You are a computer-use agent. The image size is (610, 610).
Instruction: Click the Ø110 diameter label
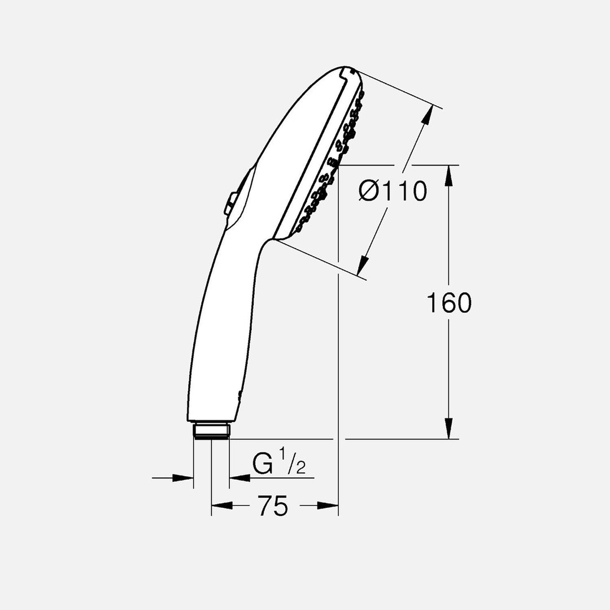tap(393, 191)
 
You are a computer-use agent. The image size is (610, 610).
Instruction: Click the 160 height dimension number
tap(448, 303)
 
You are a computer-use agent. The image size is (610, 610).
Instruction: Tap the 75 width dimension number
tap(273, 506)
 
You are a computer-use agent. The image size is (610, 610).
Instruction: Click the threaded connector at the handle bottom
tap(211, 431)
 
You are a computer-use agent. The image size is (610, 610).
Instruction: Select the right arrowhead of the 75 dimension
tap(328, 506)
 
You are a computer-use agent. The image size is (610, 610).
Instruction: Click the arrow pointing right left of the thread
tap(184, 478)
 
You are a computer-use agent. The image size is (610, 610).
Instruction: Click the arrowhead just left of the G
tap(239, 478)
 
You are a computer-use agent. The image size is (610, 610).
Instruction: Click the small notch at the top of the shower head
tap(346, 71)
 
